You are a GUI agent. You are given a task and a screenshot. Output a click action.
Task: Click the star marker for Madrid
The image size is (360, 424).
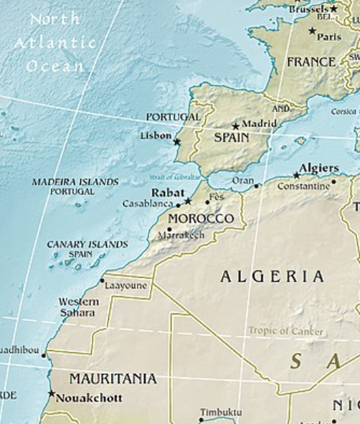pos(235,126)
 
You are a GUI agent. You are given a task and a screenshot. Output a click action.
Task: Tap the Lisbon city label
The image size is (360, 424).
pos(156,135)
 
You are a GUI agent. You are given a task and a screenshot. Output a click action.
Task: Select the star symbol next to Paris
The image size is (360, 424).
pos(312,31)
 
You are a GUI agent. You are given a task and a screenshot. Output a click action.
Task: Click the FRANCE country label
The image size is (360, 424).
pos(311,62)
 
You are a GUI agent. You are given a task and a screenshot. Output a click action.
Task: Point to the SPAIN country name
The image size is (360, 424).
pos(232,138)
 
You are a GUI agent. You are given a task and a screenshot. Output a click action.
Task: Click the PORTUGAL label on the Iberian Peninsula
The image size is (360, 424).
pos(173,117)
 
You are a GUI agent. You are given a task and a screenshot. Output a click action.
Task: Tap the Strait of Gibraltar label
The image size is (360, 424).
pos(175,176)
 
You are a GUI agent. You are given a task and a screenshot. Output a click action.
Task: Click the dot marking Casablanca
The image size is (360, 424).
pos(179,206)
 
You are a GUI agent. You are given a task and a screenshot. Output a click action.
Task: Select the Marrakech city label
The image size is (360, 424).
pos(181,235)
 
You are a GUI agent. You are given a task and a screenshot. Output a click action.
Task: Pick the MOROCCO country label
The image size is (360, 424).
pos(201,218)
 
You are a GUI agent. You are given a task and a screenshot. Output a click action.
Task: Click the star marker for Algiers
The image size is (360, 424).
pos(296,175)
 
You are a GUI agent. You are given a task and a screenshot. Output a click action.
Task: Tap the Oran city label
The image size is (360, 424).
pos(243,181)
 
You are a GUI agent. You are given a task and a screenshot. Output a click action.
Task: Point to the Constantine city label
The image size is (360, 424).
pos(303,185)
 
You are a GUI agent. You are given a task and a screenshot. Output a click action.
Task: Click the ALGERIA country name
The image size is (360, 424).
pos(272,276)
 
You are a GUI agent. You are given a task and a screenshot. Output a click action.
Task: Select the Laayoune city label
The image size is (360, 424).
pos(125,286)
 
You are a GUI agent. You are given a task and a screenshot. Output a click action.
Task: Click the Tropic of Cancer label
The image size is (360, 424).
pos(285,331)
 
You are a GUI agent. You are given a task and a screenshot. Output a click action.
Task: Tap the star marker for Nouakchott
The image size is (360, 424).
pos(51,393)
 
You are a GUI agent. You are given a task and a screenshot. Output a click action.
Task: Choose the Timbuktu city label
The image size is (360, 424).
pos(221,412)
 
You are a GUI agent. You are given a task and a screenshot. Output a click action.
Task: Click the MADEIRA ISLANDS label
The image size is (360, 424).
pos(75,182)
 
